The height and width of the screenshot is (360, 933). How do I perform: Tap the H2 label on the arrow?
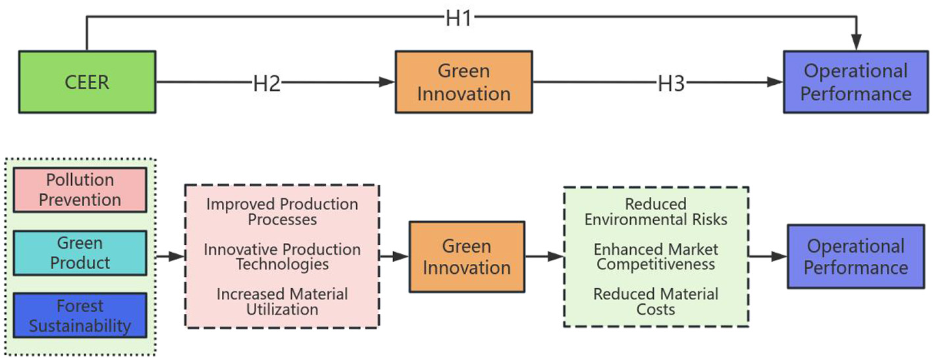point(267,83)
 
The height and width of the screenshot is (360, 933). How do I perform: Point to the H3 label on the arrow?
point(672,83)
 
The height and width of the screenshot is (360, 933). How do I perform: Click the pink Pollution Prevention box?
point(80,190)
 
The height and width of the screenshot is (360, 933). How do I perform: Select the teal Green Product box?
point(80,253)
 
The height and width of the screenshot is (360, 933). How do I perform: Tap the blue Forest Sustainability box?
point(80,316)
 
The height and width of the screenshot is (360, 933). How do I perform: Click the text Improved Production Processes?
point(282,211)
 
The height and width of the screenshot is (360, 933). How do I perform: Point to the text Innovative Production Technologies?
point(282,257)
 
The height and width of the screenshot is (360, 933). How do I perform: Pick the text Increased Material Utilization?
point(282,301)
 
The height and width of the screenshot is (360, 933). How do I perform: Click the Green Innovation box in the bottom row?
point(466,257)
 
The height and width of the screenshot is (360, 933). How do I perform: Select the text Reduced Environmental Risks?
point(656,211)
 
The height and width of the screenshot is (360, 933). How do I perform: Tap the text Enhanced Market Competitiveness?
point(656,257)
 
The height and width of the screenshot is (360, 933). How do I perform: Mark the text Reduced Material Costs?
point(656,301)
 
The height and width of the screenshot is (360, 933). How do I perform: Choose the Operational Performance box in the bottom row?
point(855,257)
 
